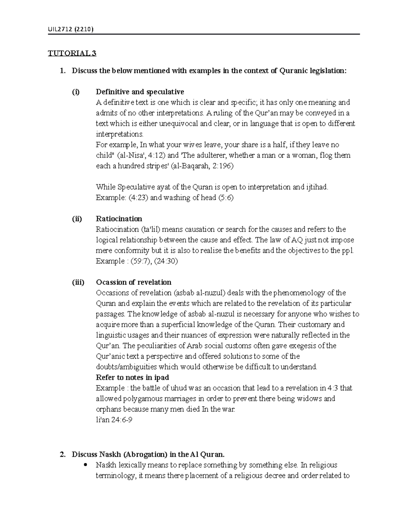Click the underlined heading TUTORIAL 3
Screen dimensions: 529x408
(72, 53)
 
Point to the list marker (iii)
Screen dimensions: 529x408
(78, 282)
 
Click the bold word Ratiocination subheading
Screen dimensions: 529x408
(119, 219)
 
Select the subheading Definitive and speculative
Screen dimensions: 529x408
(140, 92)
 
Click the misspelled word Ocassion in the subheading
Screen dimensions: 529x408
(111, 282)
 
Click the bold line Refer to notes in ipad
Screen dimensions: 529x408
(132, 377)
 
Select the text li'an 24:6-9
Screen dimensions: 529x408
(114, 420)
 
